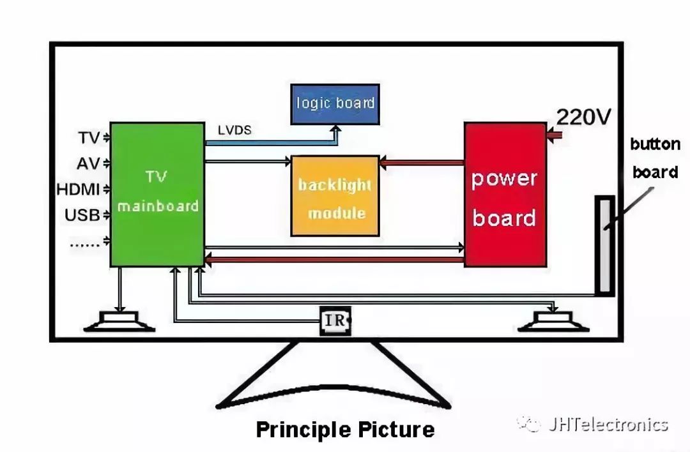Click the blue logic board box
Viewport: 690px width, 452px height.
coord(335,103)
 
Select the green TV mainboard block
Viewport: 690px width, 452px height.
coord(157,194)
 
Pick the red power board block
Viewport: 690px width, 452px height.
coord(505,194)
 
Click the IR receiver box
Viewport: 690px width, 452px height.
coord(335,320)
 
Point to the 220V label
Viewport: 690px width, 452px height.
coord(583,117)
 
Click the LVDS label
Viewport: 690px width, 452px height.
coord(234,130)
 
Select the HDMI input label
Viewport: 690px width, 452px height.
coord(78,190)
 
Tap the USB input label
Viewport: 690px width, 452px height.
coord(82,215)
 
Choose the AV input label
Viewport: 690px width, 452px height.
coord(88,164)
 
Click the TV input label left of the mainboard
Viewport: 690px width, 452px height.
coord(89,138)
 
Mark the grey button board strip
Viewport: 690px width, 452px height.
coord(604,245)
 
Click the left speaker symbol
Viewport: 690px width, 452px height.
coord(119,320)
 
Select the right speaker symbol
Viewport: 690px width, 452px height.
coord(553,320)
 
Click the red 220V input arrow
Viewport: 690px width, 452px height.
coord(553,135)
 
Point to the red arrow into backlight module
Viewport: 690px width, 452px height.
coord(422,163)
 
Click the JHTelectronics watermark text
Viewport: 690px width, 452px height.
coord(608,425)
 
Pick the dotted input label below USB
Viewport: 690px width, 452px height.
coord(84,242)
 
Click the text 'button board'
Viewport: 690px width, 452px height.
coord(654,158)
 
